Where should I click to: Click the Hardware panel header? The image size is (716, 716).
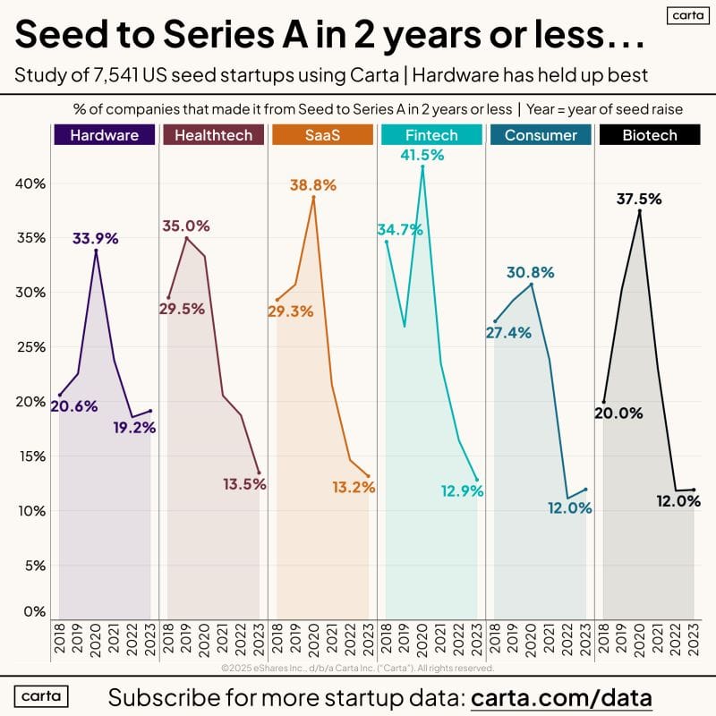97,136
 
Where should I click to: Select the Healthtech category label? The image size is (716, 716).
207,136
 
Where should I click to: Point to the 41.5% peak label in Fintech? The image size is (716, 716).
422,156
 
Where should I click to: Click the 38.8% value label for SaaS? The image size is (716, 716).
313,185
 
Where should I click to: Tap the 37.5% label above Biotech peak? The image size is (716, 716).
639,199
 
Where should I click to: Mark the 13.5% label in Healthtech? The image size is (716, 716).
245,485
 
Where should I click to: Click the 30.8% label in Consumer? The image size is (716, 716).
532,272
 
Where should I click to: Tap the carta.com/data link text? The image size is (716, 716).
561,697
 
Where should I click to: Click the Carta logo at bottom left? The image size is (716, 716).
42,696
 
